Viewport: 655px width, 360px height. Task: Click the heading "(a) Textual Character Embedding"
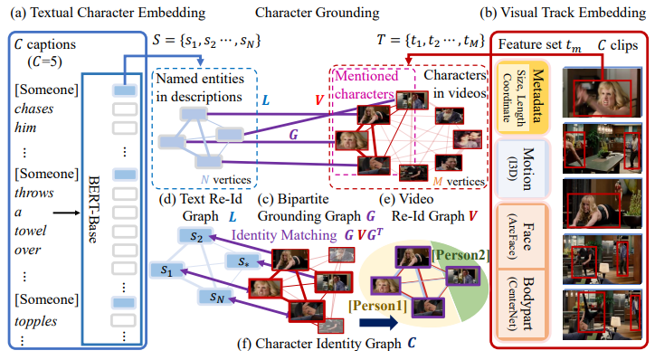click(x=108, y=12)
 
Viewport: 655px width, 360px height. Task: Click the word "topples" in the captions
click(x=39, y=321)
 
